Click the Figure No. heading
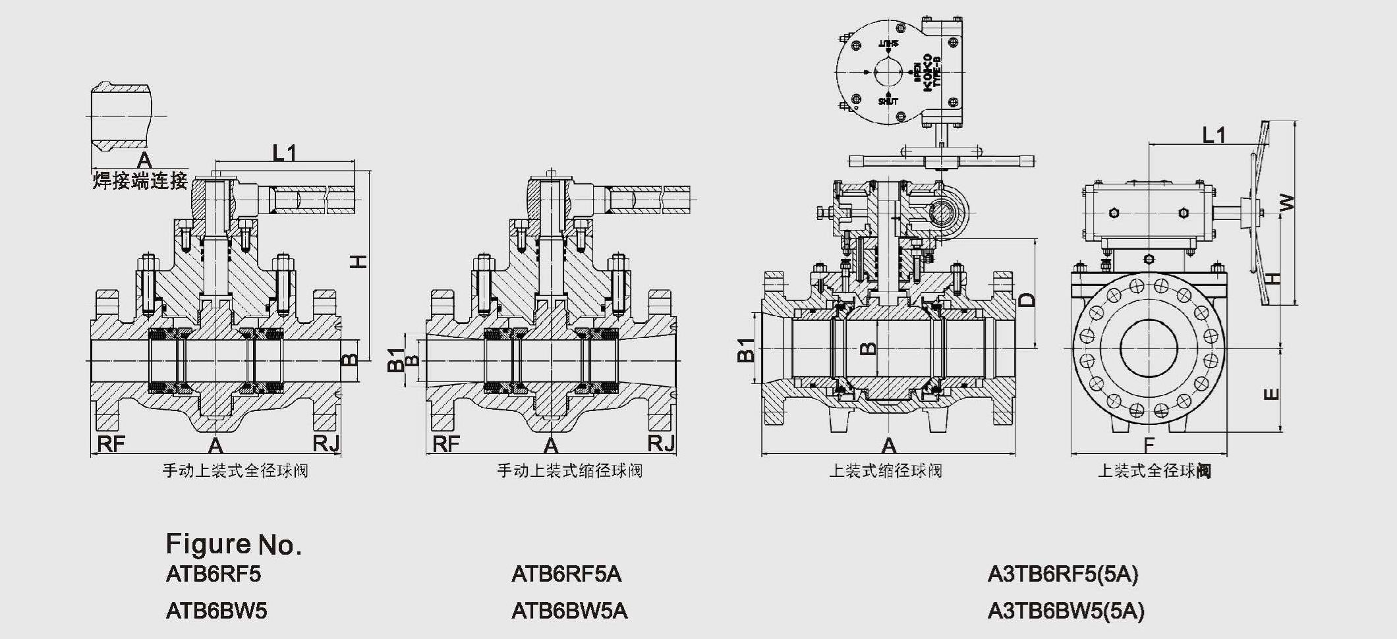click(233, 545)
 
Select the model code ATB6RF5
click(214, 574)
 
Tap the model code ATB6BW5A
click(569, 611)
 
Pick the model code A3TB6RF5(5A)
click(1063, 574)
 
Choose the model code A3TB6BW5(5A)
click(1066, 611)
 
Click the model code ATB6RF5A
click(566, 574)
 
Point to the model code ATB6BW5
click(217, 611)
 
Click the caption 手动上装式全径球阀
click(235, 471)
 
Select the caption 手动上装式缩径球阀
click(570, 471)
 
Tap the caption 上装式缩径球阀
click(885, 471)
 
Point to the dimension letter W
click(1286, 202)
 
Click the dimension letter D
click(1027, 300)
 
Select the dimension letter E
click(1272, 394)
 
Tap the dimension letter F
click(1149, 446)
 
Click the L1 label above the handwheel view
click(1214, 135)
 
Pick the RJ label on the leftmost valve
click(326, 444)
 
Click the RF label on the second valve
click(446, 444)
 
